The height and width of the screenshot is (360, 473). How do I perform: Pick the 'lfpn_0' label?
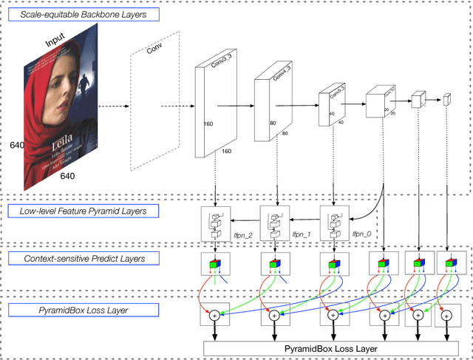[361, 233]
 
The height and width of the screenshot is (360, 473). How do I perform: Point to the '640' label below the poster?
[68, 176]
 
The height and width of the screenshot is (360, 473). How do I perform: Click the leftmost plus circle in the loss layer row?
[214, 315]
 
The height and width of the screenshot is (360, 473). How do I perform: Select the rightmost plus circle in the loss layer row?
[445, 315]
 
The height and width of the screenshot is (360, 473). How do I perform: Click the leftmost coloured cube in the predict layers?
[214, 264]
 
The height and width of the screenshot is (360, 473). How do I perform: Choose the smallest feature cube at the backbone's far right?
[446, 101]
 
